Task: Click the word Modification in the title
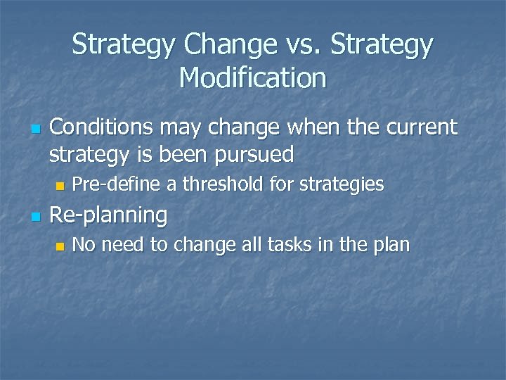click(253, 77)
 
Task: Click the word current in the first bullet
click(419, 127)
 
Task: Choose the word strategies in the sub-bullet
click(342, 184)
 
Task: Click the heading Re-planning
click(109, 215)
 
